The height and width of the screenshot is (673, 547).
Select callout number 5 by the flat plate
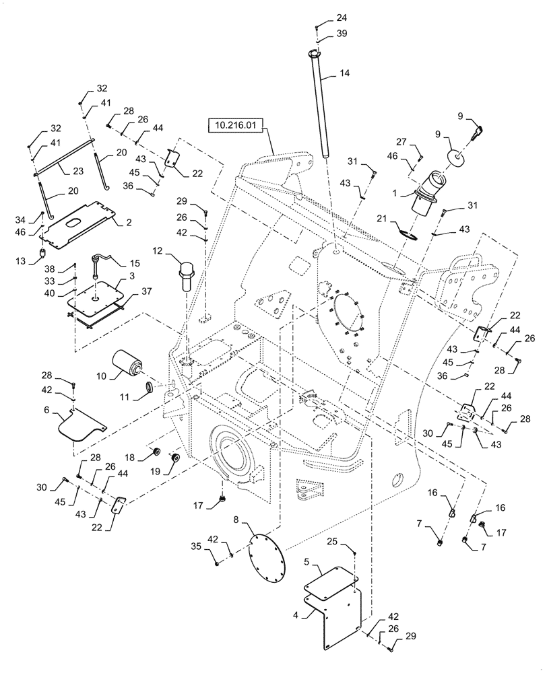[308, 560]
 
